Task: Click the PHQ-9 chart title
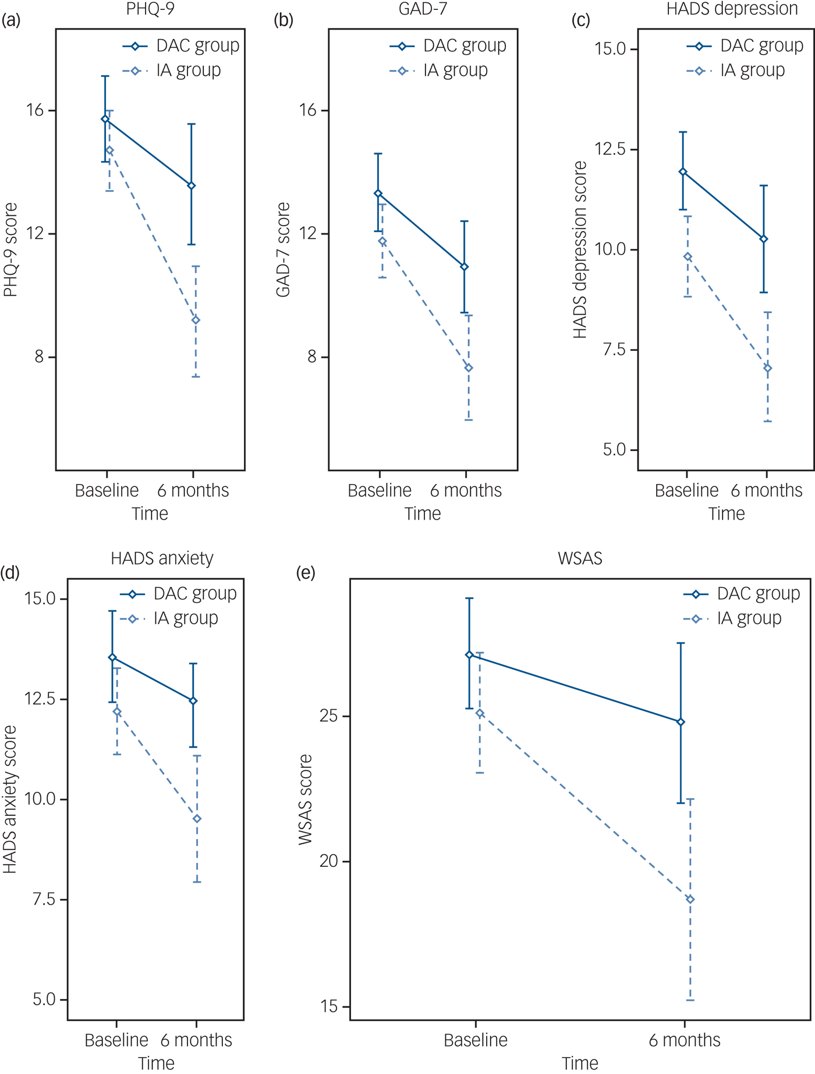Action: (150, 9)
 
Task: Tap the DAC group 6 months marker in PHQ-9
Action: (192, 186)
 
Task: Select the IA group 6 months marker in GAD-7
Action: (469, 368)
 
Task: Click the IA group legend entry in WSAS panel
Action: (749, 618)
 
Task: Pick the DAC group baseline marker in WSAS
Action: (469, 655)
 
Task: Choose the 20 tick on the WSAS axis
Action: (329, 861)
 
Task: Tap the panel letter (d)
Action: (10, 573)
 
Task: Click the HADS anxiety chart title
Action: (162, 559)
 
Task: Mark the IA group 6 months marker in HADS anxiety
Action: (197, 819)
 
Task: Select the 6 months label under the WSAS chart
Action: (685, 1040)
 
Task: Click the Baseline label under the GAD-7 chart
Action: (380, 490)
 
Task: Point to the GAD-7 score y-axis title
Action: (284, 250)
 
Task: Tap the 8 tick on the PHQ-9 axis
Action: (39, 357)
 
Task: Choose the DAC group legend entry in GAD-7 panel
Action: (464, 45)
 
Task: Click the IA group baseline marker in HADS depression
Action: (688, 257)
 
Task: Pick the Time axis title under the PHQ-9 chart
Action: (150, 514)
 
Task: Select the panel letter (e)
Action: (306, 573)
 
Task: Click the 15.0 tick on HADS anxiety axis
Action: (40, 599)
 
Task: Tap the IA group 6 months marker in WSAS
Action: (690, 899)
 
